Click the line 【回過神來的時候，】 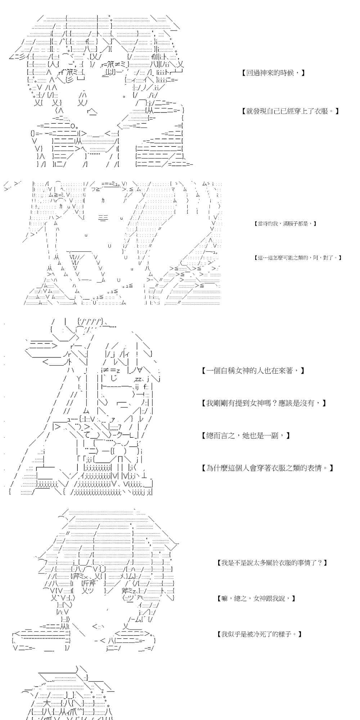[x=274, y=73]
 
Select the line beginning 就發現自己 [x=291, y=111]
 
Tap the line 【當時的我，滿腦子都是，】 [x=285, y=224]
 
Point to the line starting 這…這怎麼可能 [x=298, y=258]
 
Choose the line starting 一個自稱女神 [x=253, y=370]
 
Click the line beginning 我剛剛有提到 [x=264, y=403]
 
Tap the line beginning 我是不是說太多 [x=273, y=562]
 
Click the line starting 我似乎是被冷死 [x=260, y=634]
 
